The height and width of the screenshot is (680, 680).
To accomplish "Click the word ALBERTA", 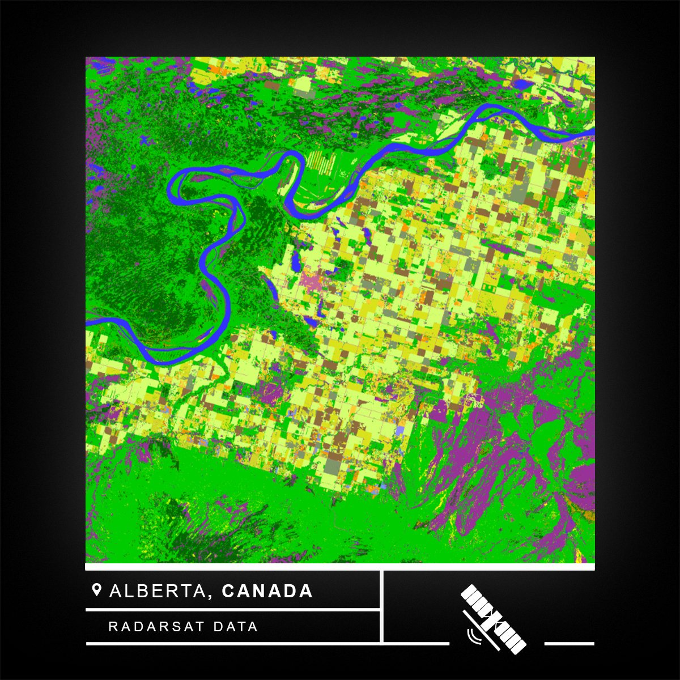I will pos(157,591).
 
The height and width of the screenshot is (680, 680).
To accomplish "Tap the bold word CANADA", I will pos(267,591).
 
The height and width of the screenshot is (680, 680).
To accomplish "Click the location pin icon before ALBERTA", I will pos(96,590).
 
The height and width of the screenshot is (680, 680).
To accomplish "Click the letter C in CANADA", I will pos(228,591).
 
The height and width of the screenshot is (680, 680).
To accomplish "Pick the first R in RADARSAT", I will pos(112,627).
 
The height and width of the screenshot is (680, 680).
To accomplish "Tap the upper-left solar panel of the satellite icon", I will pos(474,598).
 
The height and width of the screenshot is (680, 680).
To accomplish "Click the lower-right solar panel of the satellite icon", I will pos(512,637).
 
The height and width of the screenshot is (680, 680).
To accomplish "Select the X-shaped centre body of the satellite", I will pos(492,616).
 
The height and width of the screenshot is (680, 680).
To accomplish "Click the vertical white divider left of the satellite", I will pos(382,606).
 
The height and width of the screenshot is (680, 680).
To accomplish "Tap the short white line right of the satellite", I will pos(569,644).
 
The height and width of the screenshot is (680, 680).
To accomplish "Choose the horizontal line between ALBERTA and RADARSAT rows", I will pos(232,610).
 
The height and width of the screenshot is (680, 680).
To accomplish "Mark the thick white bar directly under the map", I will pos(340,567).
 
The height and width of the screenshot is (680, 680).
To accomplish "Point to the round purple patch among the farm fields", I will pos(275,391).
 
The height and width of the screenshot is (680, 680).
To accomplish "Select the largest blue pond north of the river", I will pos(522,85).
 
